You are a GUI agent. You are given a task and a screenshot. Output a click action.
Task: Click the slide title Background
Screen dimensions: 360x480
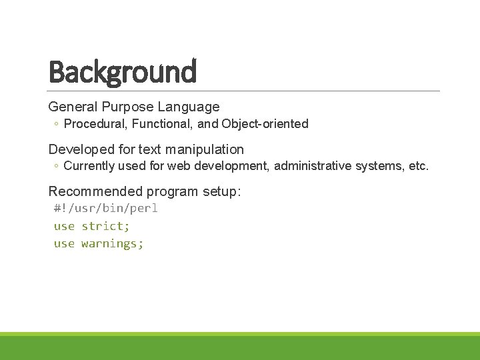123,72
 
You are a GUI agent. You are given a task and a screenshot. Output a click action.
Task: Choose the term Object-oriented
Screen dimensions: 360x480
265,124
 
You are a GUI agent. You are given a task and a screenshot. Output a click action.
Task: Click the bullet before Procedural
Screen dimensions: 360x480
57,124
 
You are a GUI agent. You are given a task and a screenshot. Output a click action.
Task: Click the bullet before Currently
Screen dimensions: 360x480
57,166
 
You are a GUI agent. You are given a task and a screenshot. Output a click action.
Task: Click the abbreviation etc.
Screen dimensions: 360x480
418,166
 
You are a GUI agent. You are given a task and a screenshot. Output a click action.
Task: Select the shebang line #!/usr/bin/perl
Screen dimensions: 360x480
106,209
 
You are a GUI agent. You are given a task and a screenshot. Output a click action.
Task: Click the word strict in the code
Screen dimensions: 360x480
105,226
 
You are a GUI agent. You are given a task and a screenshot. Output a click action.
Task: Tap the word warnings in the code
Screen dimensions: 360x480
112,243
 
